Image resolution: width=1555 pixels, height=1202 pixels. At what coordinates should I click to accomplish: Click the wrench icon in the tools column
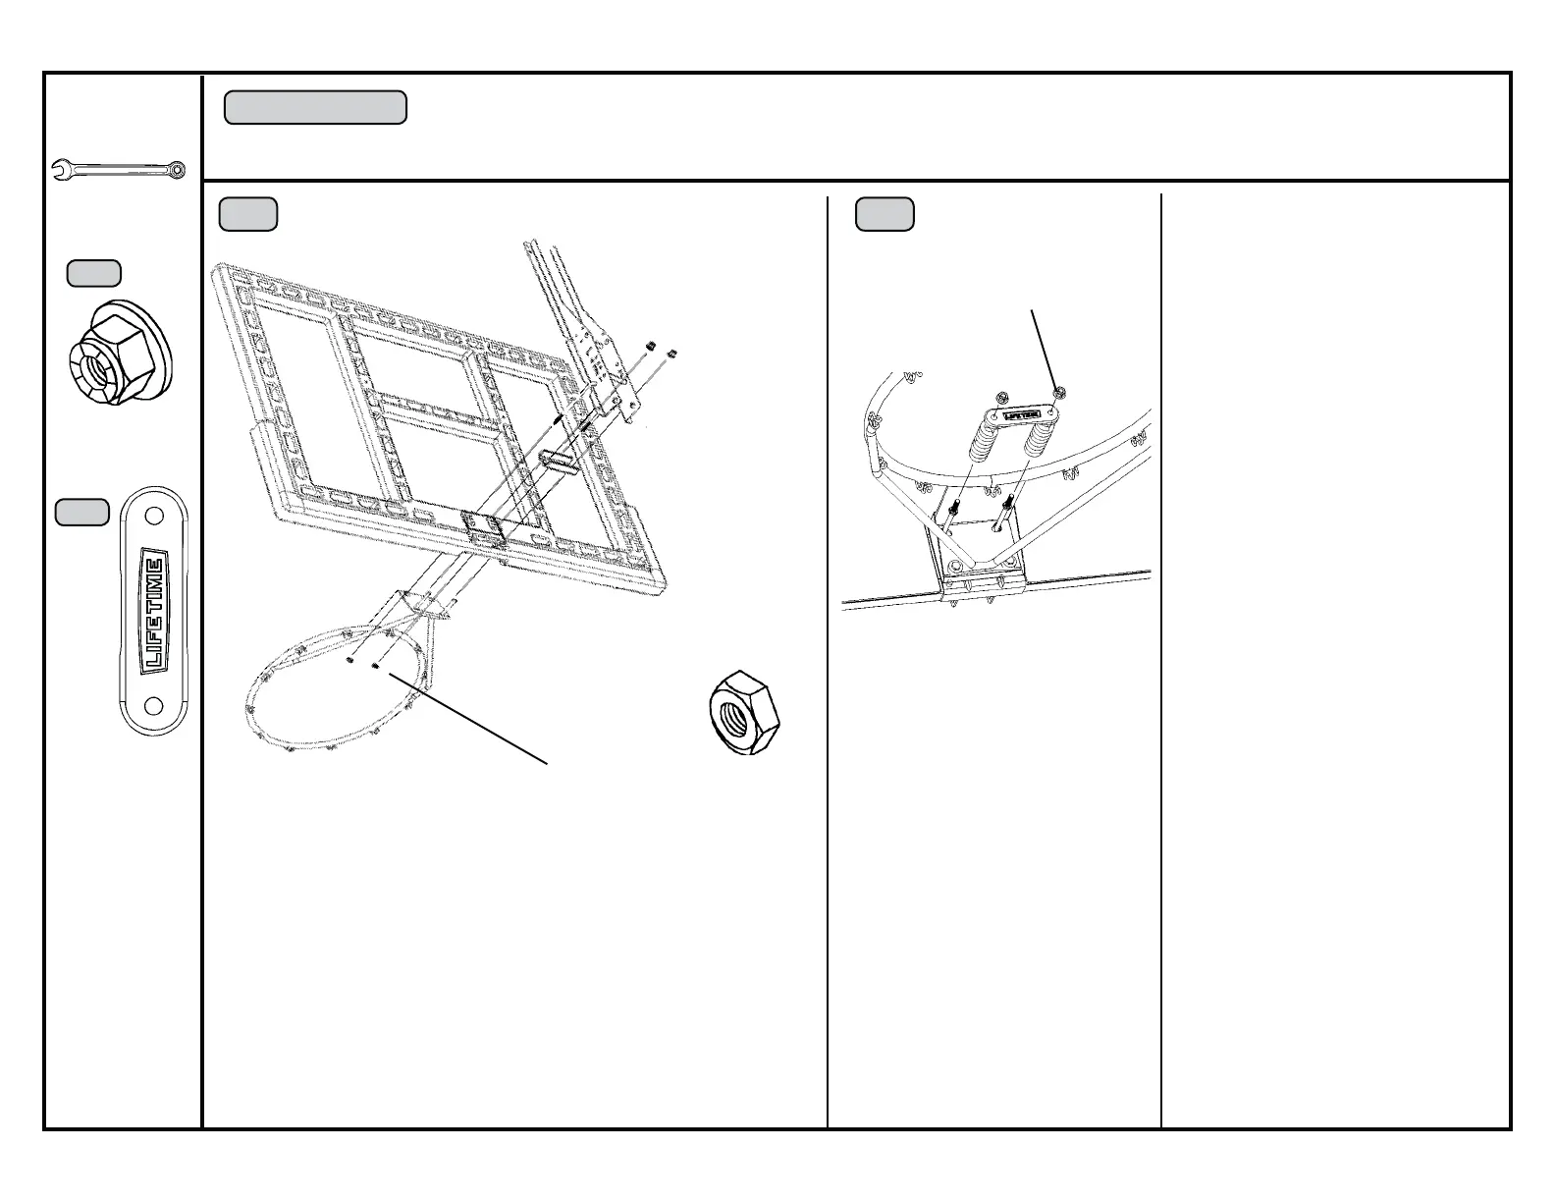point(118,170)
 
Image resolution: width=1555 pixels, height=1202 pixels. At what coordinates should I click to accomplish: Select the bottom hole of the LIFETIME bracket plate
point(153,705)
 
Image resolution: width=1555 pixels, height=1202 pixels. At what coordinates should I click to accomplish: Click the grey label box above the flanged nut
point(94,273)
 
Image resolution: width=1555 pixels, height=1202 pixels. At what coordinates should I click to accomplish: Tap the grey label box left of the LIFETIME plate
point(81,512)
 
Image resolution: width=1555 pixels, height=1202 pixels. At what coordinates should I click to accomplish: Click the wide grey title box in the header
point(315,108)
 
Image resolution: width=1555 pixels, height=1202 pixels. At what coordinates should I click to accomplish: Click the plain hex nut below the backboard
point(742,713)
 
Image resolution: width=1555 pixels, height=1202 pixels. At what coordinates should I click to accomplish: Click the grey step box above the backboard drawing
point(247,214)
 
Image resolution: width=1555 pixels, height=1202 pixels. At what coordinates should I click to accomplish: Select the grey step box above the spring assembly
point(885,214)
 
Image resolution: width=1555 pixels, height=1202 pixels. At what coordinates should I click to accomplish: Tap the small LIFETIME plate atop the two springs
point(1021,415)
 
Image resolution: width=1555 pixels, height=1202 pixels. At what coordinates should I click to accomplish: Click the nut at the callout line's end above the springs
point(1059,393)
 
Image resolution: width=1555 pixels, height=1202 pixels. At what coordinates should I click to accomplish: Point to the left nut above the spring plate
point(1000,397)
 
